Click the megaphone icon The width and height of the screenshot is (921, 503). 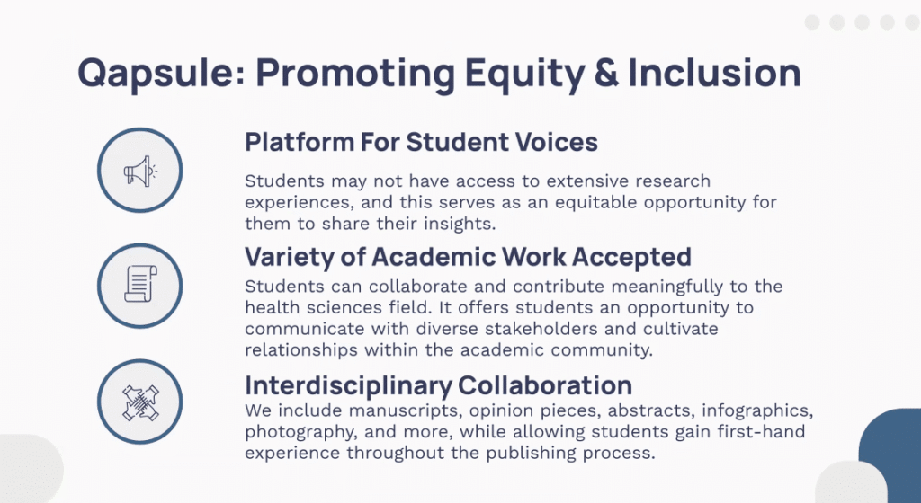139,169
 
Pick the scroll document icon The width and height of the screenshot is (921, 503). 139,284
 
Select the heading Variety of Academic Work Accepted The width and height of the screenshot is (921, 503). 468,257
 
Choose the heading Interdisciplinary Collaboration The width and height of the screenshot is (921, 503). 438,385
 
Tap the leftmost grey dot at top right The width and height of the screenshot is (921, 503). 812,22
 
